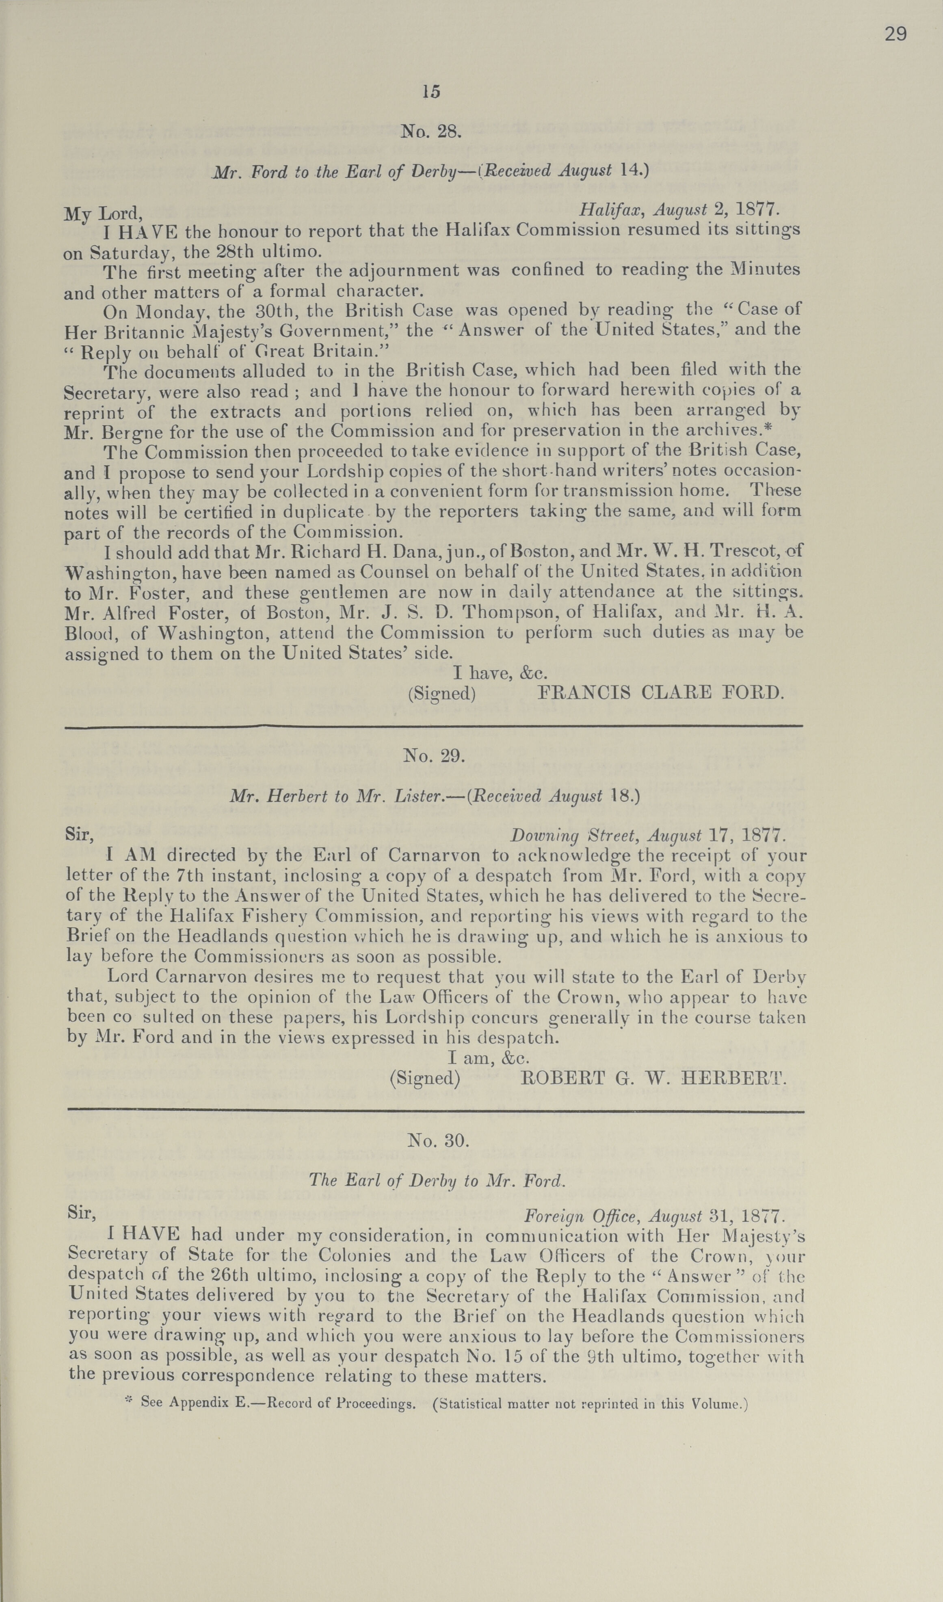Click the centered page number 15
click(x=430, y=92)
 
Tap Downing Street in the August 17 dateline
click(x=560, y=835)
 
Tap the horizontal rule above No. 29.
click(x=434, y=726)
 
